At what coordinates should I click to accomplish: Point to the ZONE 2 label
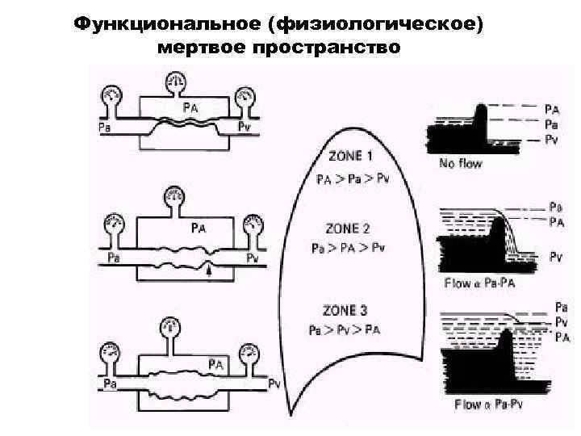348,228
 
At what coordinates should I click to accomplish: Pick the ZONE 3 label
345,309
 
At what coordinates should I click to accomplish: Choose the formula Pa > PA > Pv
349,248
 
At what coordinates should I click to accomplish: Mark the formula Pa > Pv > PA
345,330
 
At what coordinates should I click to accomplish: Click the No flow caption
461,165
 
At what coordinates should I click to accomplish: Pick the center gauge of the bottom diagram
170,328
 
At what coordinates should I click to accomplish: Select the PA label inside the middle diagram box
199,228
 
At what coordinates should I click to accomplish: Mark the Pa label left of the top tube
103,127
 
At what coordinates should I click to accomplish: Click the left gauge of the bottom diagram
110,354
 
